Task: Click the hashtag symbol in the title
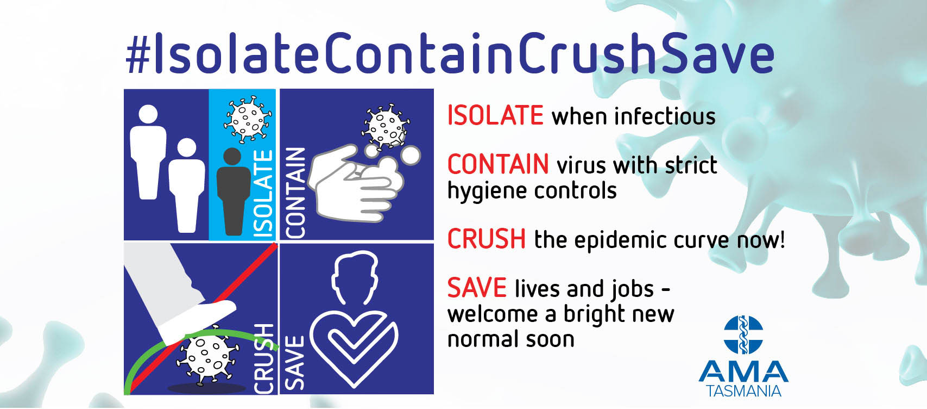coord(138,54)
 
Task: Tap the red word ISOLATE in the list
coord(495,115)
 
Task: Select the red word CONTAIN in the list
coord(499,164)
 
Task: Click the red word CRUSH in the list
coord(487,239)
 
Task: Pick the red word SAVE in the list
coord(477,288)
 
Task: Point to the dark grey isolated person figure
coord(234,191)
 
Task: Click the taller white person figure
coord(148,152)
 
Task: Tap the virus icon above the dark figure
coord(248,119)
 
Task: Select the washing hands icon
coord(356,182)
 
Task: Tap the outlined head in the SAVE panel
coord(355,277)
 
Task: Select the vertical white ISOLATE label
coord(263,194)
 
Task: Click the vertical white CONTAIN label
coord(295,193)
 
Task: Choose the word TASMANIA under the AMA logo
coord(743,391)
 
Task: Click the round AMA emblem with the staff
coord(743,335)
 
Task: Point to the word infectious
coord(665,116)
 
